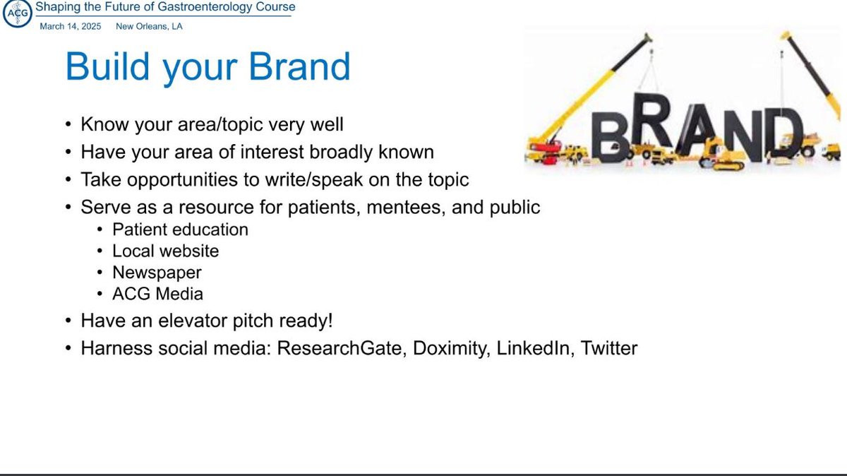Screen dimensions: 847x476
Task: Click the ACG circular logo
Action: click(x=18, y=13)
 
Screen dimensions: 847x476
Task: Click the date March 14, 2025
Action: click(x=71, y=27)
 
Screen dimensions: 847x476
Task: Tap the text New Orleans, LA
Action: click(x=149, y=27)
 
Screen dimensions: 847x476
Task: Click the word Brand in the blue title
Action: click(x=299, y=66)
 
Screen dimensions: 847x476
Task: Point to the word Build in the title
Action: click(x=107, y=66)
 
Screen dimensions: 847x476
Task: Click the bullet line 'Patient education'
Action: click(x=180, y=230)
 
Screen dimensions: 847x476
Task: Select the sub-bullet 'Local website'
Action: click(x=165, y=251)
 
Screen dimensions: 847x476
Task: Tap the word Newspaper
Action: click(x=157, y=273)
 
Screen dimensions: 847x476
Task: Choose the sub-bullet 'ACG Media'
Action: click(x=157, y=294)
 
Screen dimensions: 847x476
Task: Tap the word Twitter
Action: click(x=608, y=348)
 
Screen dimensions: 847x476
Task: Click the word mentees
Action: click(x=407, y=208)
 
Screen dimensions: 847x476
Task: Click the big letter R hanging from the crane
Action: click(x=653, y=120)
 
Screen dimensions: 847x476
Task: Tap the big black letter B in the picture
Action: click(x=610, y=137)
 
